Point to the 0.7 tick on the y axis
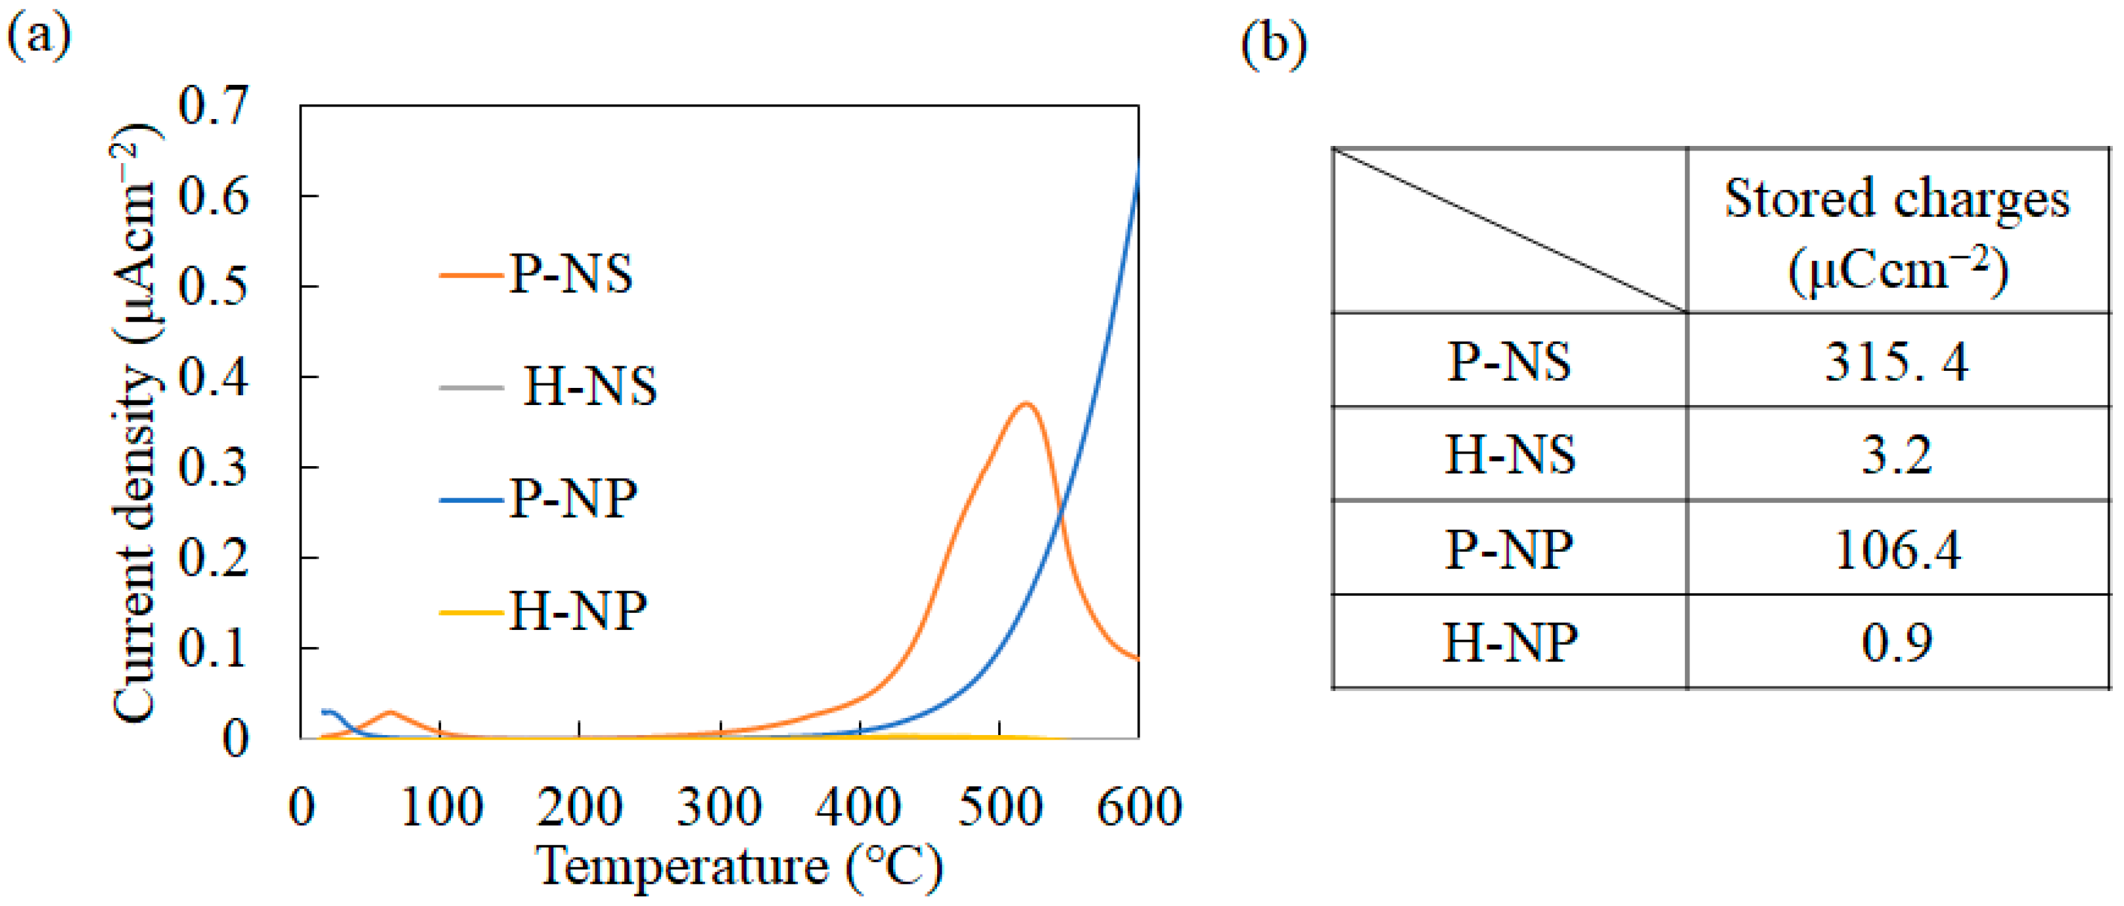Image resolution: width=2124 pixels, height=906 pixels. point(213,106)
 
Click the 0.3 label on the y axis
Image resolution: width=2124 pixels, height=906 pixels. point(213,468)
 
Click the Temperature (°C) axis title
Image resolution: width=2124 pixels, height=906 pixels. point(739,867)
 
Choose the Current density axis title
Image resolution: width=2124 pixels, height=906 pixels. point(135,423)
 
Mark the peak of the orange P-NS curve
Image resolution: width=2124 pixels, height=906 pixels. point(1026,404)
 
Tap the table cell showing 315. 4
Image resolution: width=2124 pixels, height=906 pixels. point(1897,362)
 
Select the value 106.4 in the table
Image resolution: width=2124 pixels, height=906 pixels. point(1897,550)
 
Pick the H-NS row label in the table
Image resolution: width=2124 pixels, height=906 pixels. point(1509,455)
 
